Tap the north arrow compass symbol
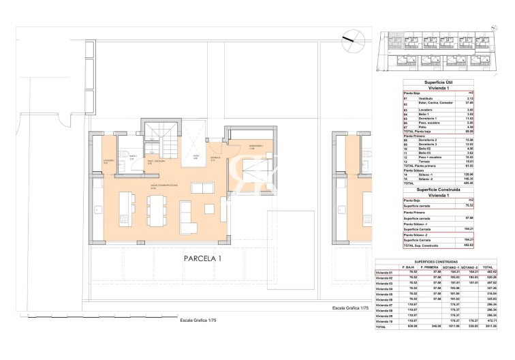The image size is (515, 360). point(352,39)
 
